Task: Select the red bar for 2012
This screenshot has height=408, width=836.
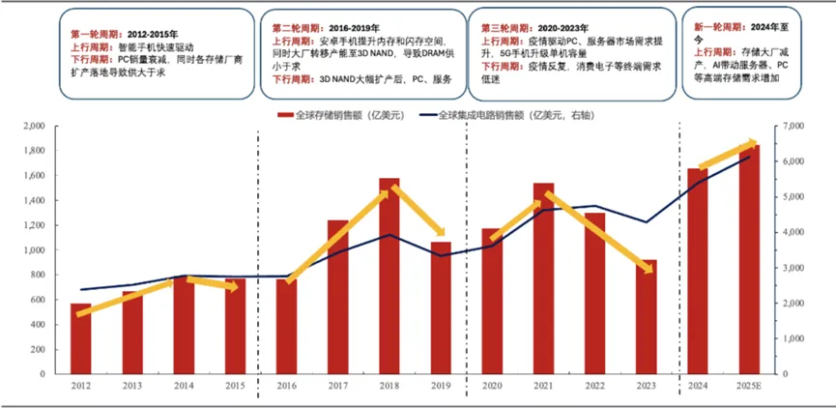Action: [81, 338]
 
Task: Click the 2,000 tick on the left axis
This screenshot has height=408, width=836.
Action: [33, 127]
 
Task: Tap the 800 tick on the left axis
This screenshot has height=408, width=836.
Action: [37, 276]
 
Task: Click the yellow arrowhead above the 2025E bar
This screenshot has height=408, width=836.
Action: [753, 145]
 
